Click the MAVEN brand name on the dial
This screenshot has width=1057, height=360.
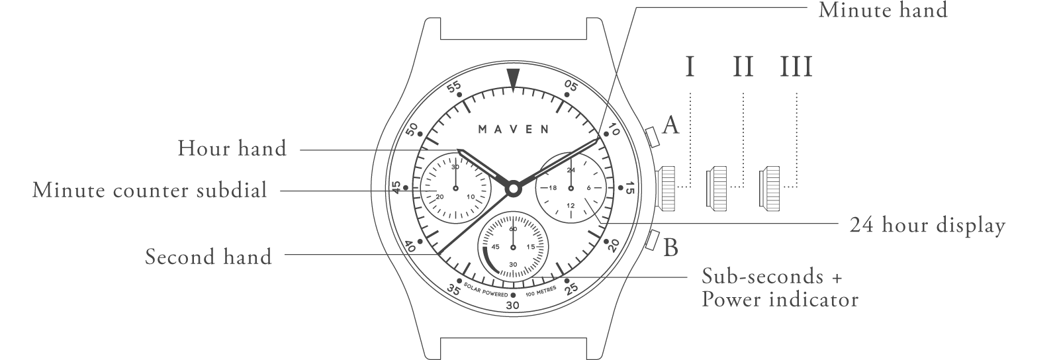click(x=514, y=129)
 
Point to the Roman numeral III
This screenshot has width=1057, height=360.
click(x=796, y=67)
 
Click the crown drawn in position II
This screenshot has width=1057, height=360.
click(x=716, y=188)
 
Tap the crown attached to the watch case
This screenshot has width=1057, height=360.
click(x=665, y=188)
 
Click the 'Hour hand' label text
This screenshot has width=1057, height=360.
click(x=232, y=149)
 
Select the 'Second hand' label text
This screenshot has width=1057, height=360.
click(x=208, y=257)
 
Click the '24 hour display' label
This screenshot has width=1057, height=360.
click(x=928, y=226)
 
